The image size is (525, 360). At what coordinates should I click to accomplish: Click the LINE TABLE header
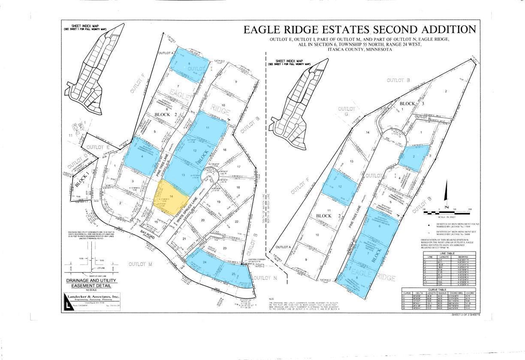(x=444, y=253)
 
